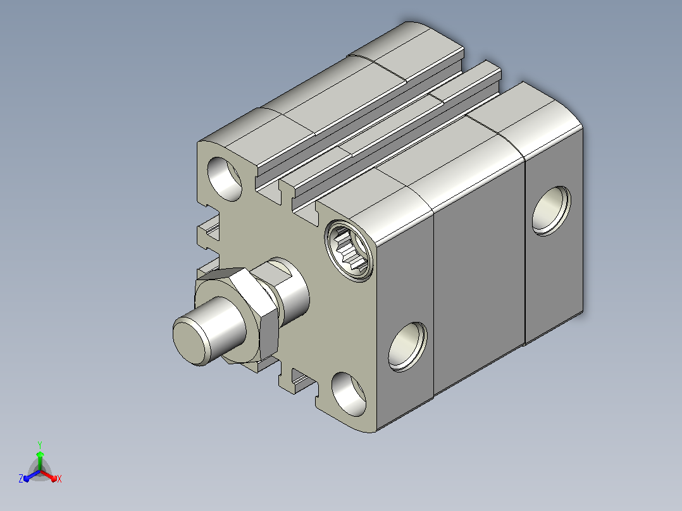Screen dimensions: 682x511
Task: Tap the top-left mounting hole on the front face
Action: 225,179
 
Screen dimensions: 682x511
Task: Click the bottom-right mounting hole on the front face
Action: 349,394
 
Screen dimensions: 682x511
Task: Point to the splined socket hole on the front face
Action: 349,250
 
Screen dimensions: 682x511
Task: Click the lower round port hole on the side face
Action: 407,347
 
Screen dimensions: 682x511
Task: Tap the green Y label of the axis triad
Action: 40,445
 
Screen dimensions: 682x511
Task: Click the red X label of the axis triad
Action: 59,479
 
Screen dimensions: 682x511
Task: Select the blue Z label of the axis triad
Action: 21,478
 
